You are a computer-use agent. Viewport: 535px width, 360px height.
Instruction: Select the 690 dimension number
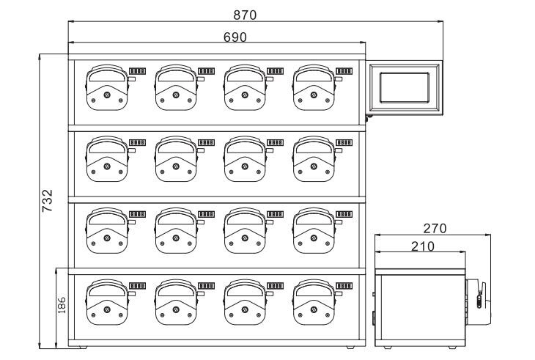(235, 37)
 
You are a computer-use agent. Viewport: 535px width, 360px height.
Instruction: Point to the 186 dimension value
(62, 304)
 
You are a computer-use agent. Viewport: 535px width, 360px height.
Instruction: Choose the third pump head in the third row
(245, 230)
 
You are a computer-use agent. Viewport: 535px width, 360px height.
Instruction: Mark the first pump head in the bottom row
(107, 301)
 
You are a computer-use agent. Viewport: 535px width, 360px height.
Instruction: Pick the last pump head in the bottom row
(314, 301)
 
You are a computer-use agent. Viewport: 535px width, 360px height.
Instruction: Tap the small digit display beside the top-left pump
(137, 70)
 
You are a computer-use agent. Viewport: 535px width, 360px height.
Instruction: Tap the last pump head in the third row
(314, 230)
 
